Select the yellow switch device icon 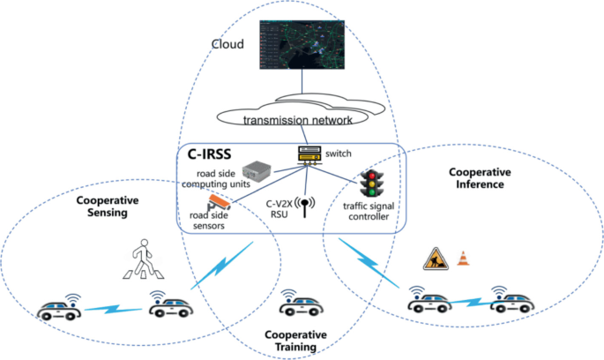(309, 155)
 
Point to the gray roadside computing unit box (257, 171)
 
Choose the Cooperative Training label (295, 341)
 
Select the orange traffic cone (464, 259)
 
